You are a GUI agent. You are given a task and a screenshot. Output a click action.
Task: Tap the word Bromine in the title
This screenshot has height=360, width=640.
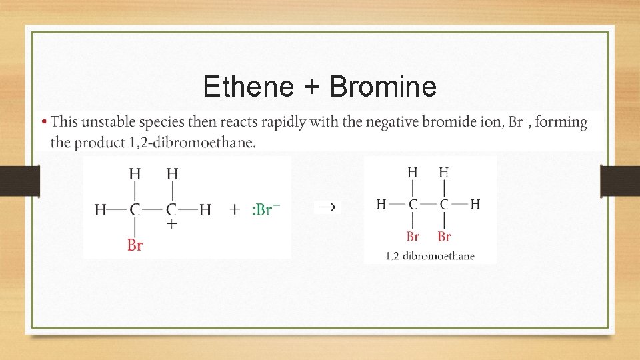pos(383,87)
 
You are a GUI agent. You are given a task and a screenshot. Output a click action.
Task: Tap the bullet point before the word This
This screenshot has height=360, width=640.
pos(44,123)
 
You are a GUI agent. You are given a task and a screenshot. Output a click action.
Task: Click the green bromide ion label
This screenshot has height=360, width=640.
pos(266,209)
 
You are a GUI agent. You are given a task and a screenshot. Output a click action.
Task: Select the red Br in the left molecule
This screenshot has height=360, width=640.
pos(135,245)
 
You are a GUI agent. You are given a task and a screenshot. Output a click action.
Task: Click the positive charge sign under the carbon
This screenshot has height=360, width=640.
pos(172,224)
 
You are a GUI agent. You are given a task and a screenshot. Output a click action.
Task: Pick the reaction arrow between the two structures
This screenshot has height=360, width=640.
pos(327,207)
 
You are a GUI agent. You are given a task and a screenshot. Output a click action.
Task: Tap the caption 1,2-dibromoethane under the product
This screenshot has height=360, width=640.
pos(430,255)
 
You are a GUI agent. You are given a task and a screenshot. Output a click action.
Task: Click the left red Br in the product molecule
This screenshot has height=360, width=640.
pos(413,236)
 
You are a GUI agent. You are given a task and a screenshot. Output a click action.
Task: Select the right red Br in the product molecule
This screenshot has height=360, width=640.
pos(444,236)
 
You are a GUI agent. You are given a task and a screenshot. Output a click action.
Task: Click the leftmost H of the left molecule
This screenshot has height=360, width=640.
pos(101,210)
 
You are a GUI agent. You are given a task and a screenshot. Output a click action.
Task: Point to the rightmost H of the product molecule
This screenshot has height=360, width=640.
pos(475,204)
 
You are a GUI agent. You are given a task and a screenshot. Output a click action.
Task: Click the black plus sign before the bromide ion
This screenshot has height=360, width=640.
pos(235,209)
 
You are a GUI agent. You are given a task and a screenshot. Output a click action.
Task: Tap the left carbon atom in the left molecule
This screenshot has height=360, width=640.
pos(135,210)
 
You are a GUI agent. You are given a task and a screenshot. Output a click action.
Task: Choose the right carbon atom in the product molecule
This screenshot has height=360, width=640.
pos(444,204)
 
